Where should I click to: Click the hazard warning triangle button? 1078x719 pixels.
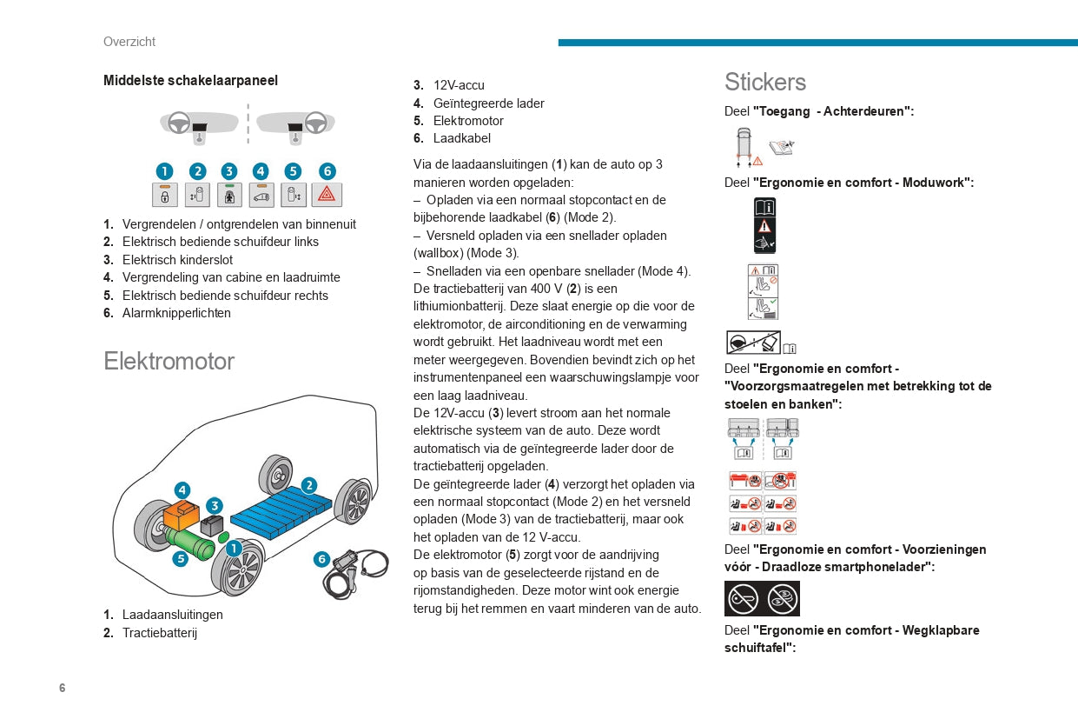point(327,195)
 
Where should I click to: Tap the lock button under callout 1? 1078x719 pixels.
point(164,195)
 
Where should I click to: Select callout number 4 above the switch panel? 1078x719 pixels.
point(261,171)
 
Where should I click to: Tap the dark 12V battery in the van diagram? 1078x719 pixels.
point(212,525)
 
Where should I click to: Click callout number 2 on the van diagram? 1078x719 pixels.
point(308,485)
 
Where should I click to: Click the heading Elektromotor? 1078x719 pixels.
point(169,361)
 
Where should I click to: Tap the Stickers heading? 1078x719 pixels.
point(765,82)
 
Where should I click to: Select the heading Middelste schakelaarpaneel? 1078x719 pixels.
point(190,80)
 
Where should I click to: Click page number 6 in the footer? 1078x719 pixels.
point(63,688)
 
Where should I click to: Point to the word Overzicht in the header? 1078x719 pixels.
point(129,42)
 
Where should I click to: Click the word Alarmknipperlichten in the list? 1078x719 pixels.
point(176,313)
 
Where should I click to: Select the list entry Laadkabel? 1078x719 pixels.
point(462,138)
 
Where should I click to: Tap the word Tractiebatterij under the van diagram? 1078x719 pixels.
point(160,633)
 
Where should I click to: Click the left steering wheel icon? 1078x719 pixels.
point(179,121)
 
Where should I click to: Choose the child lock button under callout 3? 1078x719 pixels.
point(228,195)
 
